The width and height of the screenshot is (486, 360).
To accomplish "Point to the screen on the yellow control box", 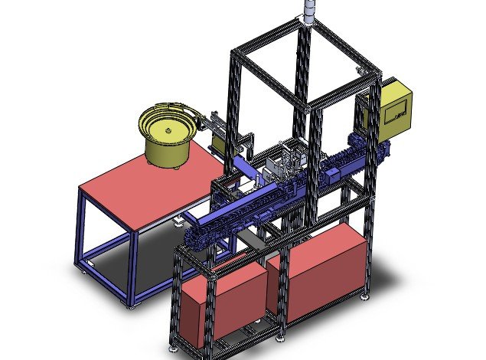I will pyautogui.click(x=396, y=112).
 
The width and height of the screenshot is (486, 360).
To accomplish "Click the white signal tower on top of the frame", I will pyautogui.click(x=308, y=11).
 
